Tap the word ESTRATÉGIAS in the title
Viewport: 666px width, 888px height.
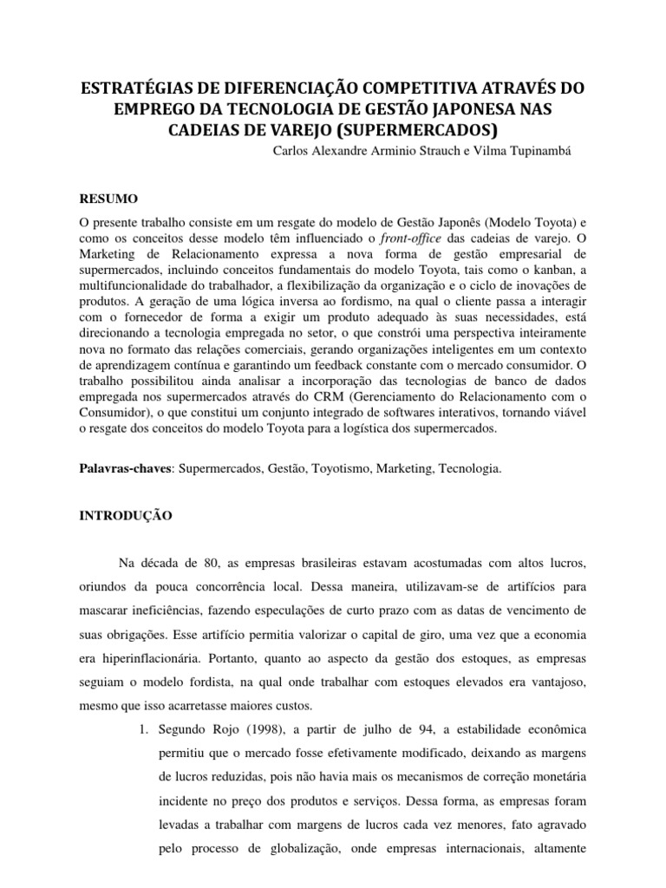[134, 88]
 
